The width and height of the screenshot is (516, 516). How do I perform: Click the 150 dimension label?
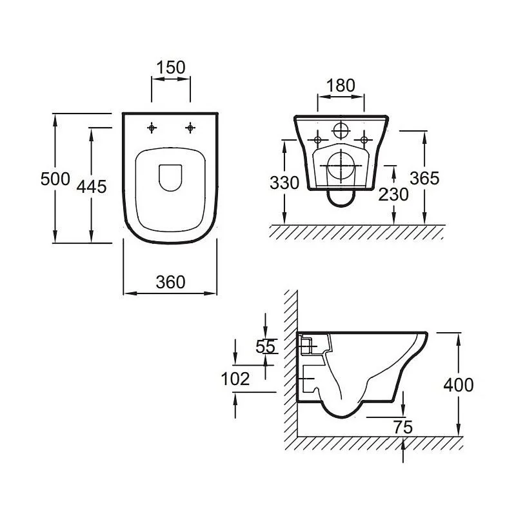[171, 68]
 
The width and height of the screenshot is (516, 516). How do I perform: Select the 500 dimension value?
[55, 179]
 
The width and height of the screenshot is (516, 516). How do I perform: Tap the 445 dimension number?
[92, 186]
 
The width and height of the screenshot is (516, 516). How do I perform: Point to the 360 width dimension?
[170, 282]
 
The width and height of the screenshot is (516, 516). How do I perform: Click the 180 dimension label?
[341, 86]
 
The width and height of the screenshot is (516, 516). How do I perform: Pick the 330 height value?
[284, 183]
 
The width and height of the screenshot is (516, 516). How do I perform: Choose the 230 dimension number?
[393, 194]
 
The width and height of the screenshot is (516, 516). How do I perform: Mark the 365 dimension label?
[424, 179]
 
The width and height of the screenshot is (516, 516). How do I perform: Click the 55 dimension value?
[265, 346]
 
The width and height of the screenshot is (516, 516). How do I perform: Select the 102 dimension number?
[235, 379]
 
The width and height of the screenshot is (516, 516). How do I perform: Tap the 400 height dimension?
[459, 384]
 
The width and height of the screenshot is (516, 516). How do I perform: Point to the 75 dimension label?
[403, 428]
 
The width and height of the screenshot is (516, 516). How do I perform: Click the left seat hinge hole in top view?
[152, 128]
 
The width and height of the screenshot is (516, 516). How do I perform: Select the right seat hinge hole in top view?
[190, 128]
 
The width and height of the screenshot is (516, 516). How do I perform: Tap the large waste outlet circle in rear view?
[341, 166]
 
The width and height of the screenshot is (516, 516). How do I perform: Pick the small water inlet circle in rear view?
[341, 130]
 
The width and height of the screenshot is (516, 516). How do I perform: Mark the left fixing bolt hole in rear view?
[317, 140]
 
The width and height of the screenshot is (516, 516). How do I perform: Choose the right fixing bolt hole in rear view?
[364, 140]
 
